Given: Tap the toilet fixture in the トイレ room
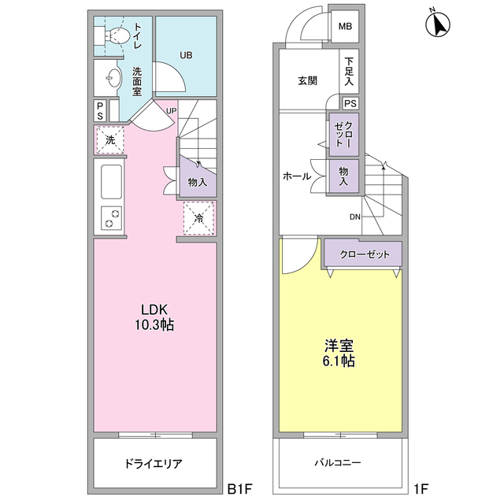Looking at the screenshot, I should point(117,35).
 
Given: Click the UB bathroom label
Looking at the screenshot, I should point(186,55).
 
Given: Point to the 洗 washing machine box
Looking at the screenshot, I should point(110,140).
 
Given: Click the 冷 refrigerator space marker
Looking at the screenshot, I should point(199,217).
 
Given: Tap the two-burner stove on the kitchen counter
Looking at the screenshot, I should point(111,217).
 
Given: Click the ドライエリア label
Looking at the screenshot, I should point(154,464).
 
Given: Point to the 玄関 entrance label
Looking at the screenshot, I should point(307,80).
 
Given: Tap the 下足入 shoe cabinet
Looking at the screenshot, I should point(350,72).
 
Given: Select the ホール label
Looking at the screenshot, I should point(296,176).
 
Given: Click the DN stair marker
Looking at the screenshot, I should point(356,217).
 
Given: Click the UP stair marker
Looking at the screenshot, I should point(171,110).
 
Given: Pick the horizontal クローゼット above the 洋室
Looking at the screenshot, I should point(363,254).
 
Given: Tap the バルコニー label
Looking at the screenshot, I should point(339,464).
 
